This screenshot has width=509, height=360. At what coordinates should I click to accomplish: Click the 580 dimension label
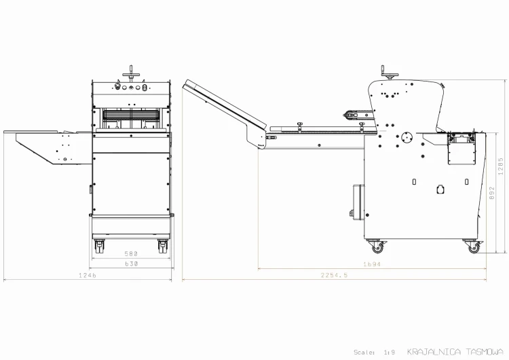[131, 253]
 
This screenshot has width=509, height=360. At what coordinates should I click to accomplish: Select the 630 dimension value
[132, 264]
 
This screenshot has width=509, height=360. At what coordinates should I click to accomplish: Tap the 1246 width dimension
[88, 275]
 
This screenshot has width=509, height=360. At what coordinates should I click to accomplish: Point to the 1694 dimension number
[372, 264]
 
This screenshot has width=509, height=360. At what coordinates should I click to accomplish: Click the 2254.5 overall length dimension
[334, 275]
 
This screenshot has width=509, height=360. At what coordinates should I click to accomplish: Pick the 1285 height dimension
[501, 166]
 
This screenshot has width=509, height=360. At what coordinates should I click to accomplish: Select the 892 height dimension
[492, 193]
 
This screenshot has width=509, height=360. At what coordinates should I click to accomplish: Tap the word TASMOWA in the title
[485, 352]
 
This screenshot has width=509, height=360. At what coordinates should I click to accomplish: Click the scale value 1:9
[390, 353]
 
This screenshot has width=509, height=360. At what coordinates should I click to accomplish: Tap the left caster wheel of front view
[99, 247]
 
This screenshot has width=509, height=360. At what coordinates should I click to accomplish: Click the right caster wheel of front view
[163, 247]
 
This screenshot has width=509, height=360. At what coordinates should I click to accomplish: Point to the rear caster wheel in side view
[473, 247]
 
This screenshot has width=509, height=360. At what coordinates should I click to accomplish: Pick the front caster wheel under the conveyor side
[377, 247]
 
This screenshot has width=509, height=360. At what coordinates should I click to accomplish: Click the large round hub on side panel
[407, 137]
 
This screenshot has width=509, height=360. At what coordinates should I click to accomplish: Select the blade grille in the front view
[131, 115]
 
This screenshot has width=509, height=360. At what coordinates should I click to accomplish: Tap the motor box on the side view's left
[358, 202]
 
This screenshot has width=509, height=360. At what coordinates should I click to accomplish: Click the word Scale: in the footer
[364, 353]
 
